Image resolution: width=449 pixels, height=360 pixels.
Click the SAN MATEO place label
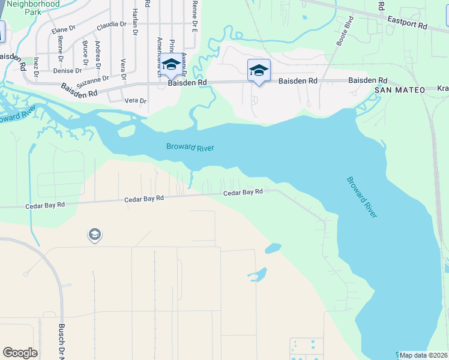click(x=400, y=90)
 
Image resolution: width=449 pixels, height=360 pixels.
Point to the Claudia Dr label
click(x=112, y=25)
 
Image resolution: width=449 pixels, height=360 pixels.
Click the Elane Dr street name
click(x=63, y=29)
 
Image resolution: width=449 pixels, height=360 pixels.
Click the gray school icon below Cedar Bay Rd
click(x=94, y=235)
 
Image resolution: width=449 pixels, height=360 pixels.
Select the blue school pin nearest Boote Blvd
click(x=259, y=71)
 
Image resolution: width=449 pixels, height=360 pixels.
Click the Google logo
click(x=20, y=353)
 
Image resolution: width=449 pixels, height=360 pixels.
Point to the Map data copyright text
click(x=424, y=355)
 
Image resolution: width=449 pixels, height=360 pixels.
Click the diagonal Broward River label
click(x=362, y=197)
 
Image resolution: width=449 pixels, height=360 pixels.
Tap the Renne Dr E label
click(x=194, y=16)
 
